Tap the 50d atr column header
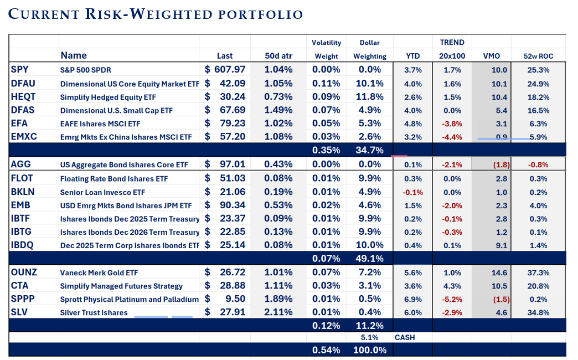tap(278, 56)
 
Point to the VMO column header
tap(491, 56)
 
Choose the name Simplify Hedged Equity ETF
tap(107, 97)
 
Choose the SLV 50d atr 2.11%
tap(278, 313)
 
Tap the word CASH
tap(405, 337)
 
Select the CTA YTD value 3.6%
tap(413, 286)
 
